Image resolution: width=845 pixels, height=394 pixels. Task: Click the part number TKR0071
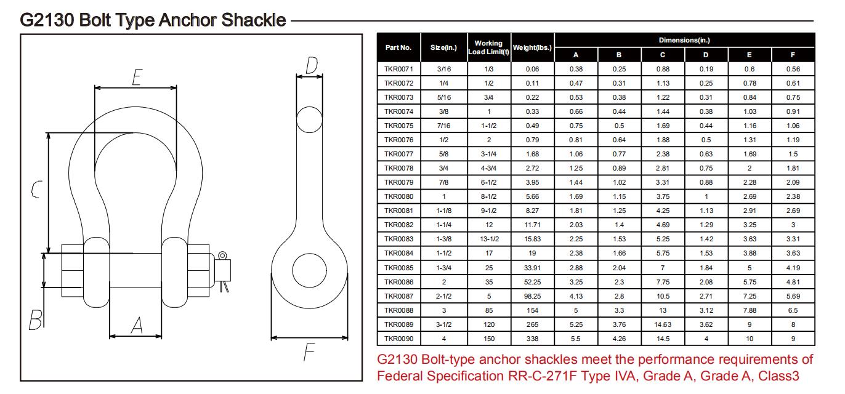coord(398,69)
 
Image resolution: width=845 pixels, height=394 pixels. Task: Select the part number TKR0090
coord(398,339)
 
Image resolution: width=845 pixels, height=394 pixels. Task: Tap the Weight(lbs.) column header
coord(532,47)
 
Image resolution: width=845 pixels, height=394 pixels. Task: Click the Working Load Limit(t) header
coord(489,47)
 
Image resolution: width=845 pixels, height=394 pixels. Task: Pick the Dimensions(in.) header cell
coord(684,40)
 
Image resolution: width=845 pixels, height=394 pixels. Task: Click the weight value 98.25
coord(532,296)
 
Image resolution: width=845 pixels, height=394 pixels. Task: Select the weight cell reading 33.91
coord(532,268)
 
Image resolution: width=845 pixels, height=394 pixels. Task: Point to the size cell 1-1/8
coord(443,211)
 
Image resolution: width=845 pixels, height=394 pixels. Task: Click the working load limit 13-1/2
coord(489,239)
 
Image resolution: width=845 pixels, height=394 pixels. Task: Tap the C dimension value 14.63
coord(662,324)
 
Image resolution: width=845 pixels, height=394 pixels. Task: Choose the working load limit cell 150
coord(489,339)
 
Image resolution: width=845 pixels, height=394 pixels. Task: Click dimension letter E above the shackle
coord(137,77)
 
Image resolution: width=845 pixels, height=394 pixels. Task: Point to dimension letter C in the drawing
coord(37,190)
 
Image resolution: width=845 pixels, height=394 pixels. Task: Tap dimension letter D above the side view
coord(312,65)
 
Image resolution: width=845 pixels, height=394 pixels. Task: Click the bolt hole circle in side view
coord(309,270)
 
